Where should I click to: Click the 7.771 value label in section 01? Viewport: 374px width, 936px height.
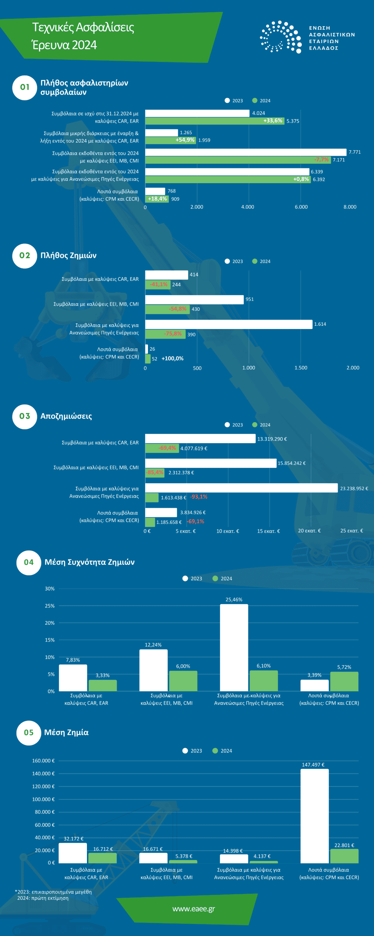click(354, 152)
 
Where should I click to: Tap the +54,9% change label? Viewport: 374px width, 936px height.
click(185, 140)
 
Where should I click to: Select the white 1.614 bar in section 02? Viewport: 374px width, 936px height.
click(229, 324)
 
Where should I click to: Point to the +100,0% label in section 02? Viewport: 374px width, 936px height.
click(172, 359)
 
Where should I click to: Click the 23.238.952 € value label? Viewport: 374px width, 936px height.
click(354, 488)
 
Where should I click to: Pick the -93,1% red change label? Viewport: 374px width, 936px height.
click(199, 497)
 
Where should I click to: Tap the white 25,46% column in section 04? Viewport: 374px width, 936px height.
click(234, 648)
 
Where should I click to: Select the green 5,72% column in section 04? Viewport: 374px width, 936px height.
click(344, 682)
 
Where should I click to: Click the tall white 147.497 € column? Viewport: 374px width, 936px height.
click(314, 816)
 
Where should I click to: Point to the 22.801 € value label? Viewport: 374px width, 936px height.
click(344, 845)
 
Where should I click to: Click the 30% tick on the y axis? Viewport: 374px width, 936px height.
click(50, 589)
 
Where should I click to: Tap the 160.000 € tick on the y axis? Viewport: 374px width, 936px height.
click(43, 760)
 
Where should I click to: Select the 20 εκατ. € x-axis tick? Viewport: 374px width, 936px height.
click(309, 531)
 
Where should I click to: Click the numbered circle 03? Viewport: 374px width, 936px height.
click(24, 416)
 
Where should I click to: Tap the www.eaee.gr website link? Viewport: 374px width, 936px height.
click(194, 909)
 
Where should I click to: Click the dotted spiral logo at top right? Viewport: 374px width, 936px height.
click(281, 37)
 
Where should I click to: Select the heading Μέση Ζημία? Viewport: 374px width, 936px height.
click(66, 732)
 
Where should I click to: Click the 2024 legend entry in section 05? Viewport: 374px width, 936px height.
click(222, 751)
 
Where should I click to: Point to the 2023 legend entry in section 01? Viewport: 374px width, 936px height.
click(234, 101)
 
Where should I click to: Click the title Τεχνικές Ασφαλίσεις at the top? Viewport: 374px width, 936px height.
click(83, 27)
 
